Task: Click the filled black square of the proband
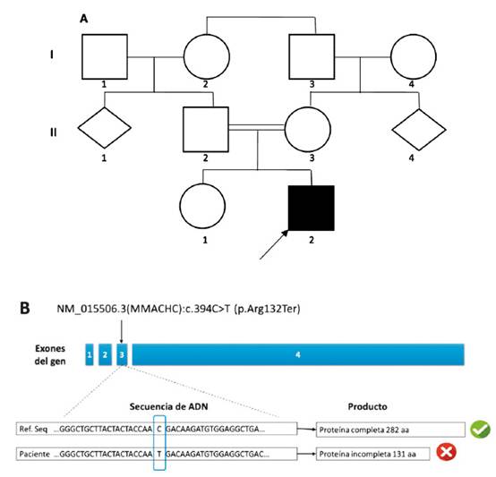tap(312, 208)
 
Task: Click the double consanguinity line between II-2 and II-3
tap(257, 127)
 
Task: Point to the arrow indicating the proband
tap(274, 244)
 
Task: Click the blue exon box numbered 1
tap(90, 354)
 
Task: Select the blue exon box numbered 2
tap(105, 354)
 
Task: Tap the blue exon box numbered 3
tap(122, 354)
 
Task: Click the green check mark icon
tap(480, 430)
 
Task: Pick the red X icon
tap(447, 452)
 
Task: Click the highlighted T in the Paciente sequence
tap(159, 455)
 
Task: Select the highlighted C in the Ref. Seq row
tap(159, 429)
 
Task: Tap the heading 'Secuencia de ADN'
tap(168, 406)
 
